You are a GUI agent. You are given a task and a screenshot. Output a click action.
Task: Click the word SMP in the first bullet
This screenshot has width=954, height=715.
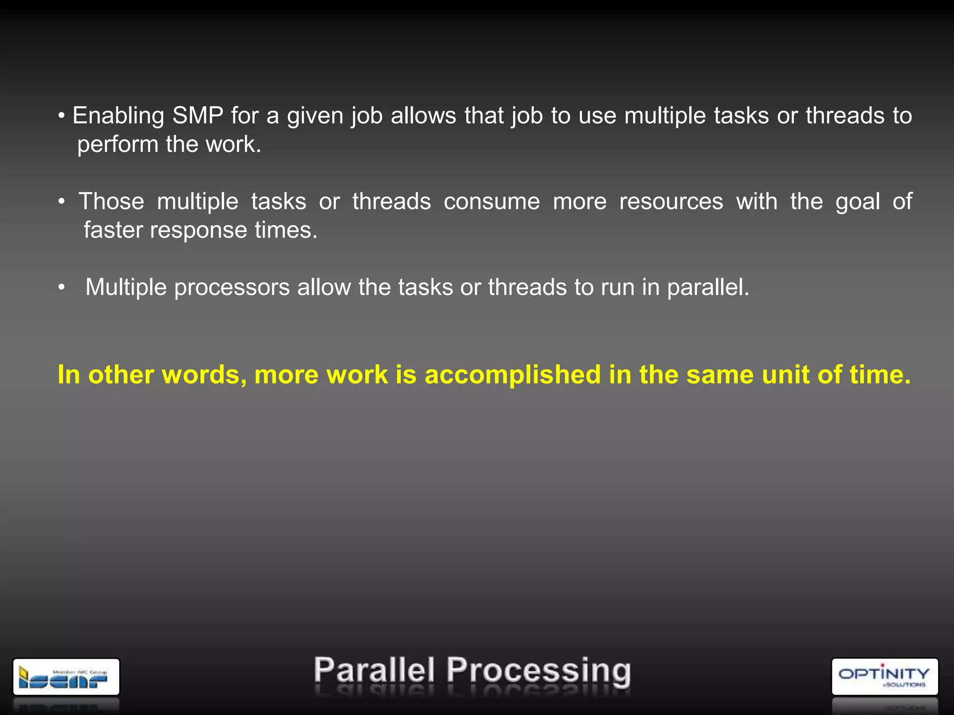198,116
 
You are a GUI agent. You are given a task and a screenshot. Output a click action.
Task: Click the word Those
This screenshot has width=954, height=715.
111,202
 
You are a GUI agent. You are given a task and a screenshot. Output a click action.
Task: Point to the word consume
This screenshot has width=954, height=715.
491,202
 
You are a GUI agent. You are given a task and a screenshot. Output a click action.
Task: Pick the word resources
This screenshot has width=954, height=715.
671,202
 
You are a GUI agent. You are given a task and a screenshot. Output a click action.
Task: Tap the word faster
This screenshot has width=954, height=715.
113,230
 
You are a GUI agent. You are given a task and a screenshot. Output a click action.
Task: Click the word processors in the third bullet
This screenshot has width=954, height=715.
232,288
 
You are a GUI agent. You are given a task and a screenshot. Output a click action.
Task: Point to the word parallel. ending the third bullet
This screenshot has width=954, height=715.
708,288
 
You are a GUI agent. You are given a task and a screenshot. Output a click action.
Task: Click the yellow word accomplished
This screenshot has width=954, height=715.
513,375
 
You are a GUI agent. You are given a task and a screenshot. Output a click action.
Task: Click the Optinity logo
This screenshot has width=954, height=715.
884,676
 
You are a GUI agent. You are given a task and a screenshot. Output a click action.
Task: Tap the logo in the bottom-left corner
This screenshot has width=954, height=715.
66,677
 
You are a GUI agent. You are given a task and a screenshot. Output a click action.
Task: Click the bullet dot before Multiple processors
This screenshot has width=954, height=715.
61,288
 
